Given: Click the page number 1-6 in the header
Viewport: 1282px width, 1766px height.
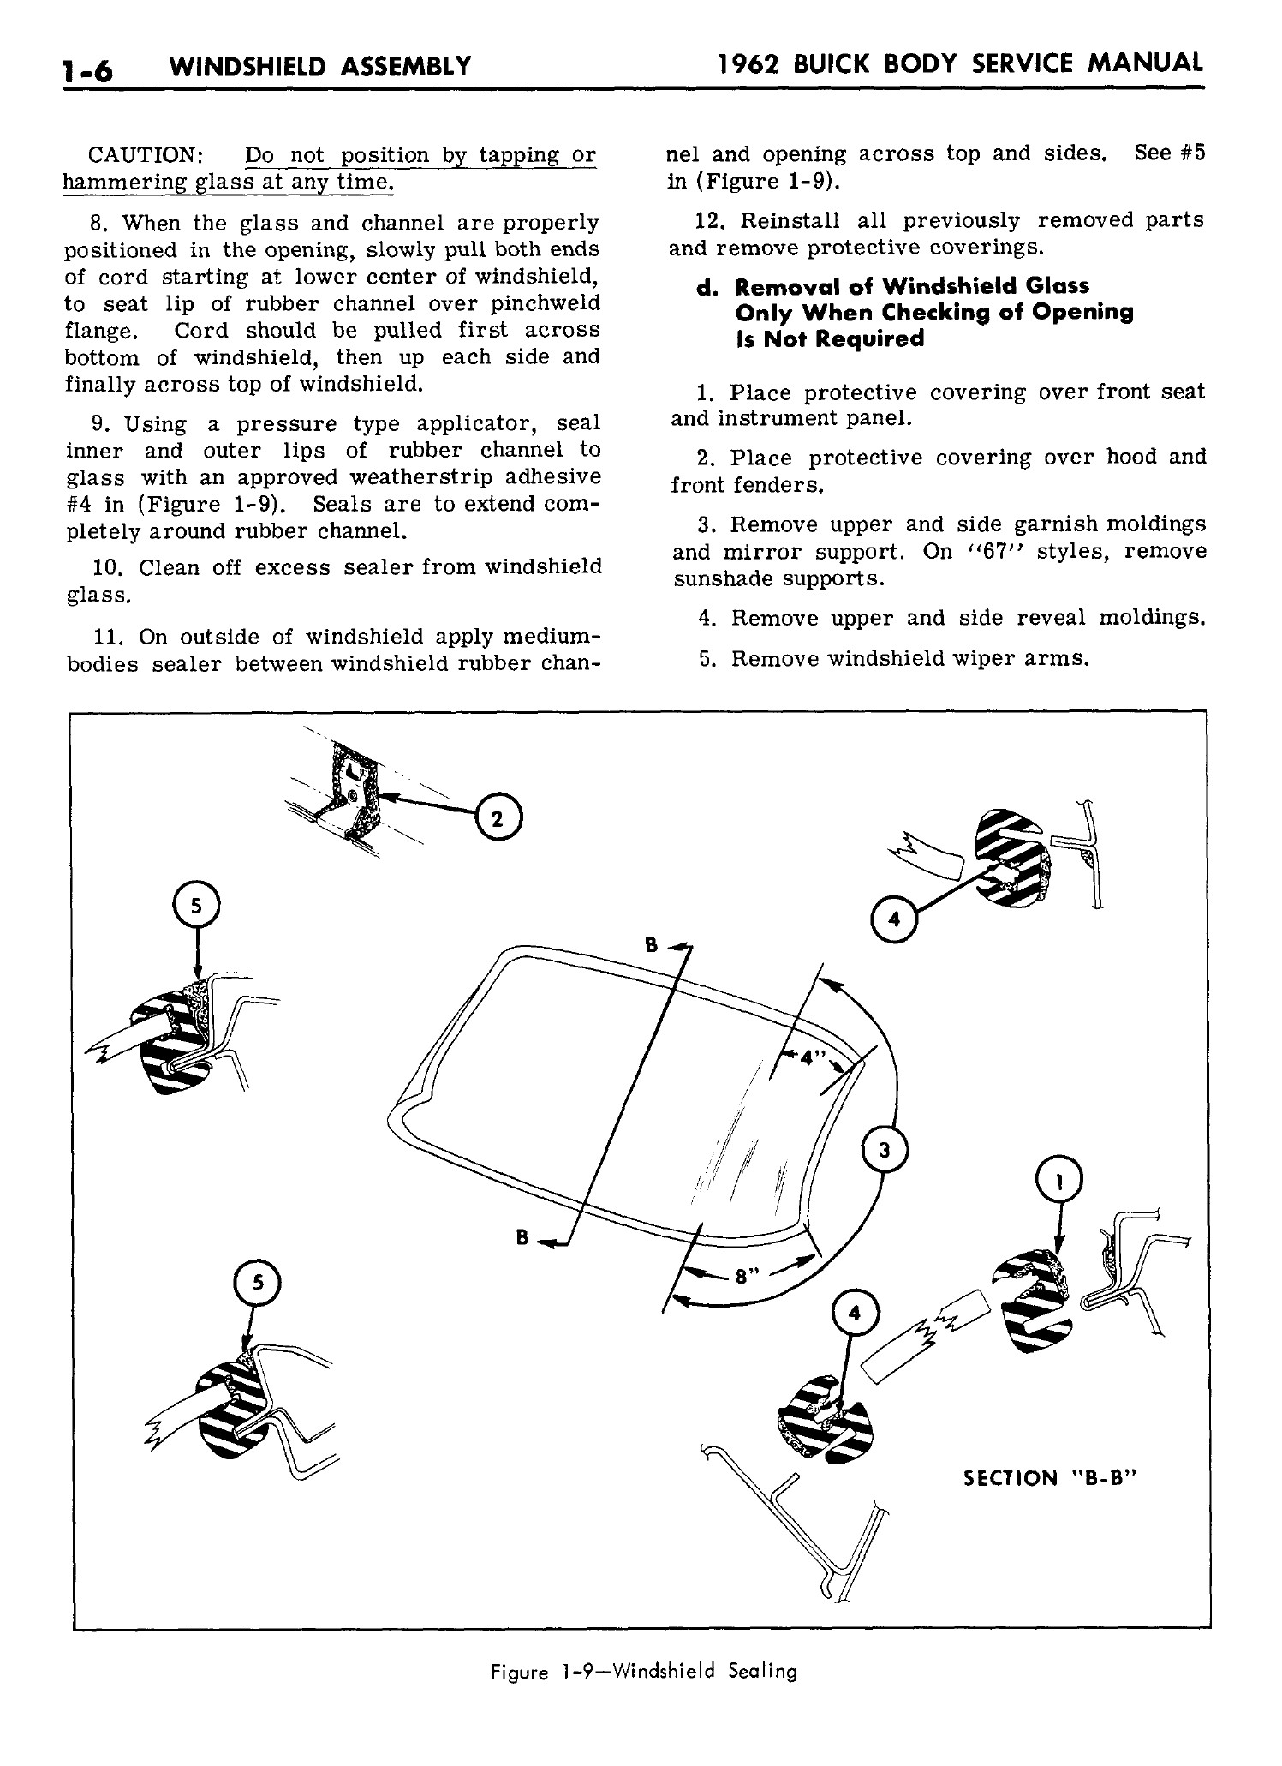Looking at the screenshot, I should coord(88,68).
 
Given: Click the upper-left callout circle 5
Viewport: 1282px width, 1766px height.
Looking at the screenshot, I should coord(196,905).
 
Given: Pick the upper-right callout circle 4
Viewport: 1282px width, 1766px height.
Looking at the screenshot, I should coord(894,919).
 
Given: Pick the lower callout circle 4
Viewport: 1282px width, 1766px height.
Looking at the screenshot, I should coord(854,1312).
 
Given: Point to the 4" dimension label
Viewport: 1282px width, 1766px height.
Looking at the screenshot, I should coord(808,1057).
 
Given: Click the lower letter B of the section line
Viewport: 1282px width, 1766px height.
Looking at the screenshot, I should coord(521,1236).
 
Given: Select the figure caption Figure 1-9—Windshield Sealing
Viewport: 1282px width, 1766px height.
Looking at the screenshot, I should coord(643,1671).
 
